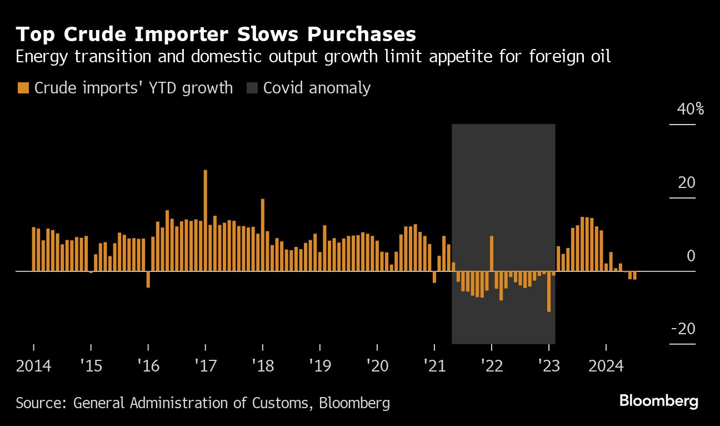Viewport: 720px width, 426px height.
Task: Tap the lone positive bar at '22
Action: pyautogui.click(x=492, y=254)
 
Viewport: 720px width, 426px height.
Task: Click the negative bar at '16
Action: pyautogui.click(x=148, y=279)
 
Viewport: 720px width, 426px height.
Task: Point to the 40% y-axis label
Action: pyautogui.click(x=691, y=109)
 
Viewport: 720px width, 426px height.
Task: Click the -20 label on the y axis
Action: pyautogui.click(x=683, y=329)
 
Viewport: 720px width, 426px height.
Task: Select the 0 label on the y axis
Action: pyautogui.click(x=691, y=256)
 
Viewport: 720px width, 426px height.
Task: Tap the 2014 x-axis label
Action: pyautogui.click(x=34, y=366)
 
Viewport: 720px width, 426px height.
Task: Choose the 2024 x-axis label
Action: pyautogui.click(x=606, y=366)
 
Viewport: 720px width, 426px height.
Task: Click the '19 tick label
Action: pyautogui.click(x=320, y=366)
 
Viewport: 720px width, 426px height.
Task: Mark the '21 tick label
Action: pyautogui.click(x=434, y=366)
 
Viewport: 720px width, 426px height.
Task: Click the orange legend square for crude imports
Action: pyautogui.click(x=23, y=88)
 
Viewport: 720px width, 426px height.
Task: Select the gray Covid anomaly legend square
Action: pyautogui.click(x=252, y=88)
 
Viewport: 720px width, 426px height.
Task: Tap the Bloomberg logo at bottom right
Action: pyautogui.click(x=658, y=401)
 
